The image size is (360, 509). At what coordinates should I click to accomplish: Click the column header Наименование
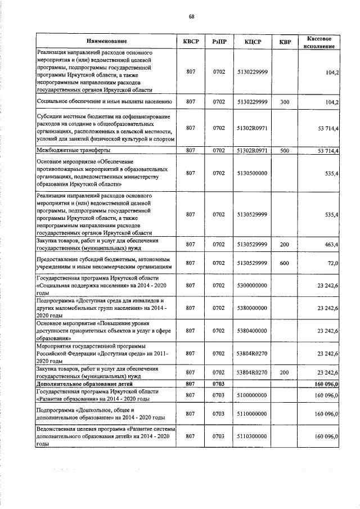click(106, 41)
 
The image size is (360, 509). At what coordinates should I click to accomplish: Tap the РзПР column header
click(219, 41)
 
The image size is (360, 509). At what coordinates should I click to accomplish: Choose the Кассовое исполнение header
click(318, 41)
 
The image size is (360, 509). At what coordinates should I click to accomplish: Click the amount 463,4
click(327, 245)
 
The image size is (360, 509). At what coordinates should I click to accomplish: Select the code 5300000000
click(252, 285)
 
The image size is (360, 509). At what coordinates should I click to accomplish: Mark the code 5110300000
click(252, 436)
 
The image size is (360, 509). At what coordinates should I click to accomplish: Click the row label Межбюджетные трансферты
click(73, 150)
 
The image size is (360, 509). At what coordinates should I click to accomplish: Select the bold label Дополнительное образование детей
click(84, 384)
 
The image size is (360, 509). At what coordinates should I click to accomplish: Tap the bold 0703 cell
click(219, 384)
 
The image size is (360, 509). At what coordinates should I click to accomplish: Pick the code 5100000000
click(252, 395)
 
